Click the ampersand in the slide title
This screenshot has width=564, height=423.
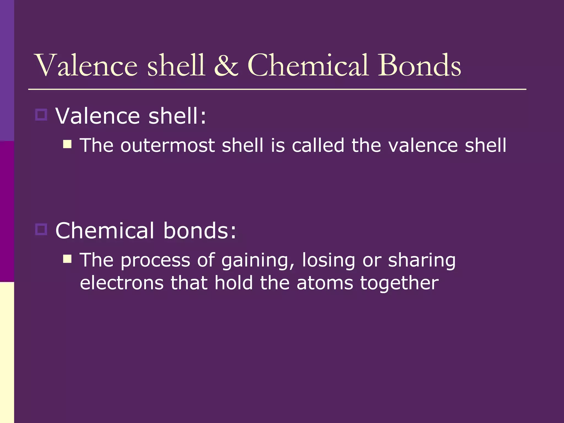pyautogui.click(x=226, y=66)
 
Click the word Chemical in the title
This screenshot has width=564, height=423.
pyautogui.click(x=308, y=66)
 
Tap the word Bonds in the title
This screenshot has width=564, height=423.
pyautogui.click(x=419, y=66)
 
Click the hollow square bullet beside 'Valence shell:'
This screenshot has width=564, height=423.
pyautogui.click(x=41, y=115)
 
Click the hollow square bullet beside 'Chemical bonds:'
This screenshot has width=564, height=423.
pyautogui.click(x=41, y=229)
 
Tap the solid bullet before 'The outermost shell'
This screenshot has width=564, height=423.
pyautogui.click(x=67, y=144)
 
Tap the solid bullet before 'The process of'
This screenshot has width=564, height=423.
pyautogui.click(x=67, y=259)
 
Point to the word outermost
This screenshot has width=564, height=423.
pyautogui.click(x=167, y=145)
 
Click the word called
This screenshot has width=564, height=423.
pyautogui.click(x=318, y=145)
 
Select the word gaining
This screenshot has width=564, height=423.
pyautogui.click(x=258, y=261)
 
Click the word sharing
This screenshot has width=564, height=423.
pyautogui.click(x=422, y=261)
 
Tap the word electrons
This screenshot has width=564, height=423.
pyautogui.click(x=121, y=283)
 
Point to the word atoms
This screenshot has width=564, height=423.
pyautogui.click(x=325, y=283)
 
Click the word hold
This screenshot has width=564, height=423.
pyautogui.click(x=234, y=283)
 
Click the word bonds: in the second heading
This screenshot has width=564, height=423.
pyautogui.click(x=200, y=231)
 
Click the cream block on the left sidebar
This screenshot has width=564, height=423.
pyautogui.click(x=7, y=352)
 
